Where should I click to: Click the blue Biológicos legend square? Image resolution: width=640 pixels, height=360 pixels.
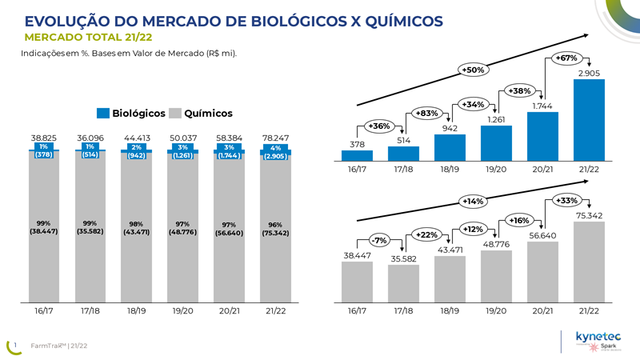(x=103, y=114)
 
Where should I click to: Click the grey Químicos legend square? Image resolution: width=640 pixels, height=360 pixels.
(x=177, y=114)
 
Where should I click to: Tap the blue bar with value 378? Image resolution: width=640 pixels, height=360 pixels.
(x=357, y=155)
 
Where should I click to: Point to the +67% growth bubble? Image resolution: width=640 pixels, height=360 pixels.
(x=566, y=58)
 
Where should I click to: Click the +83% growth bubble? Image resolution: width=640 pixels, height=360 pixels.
(x=428, y=113)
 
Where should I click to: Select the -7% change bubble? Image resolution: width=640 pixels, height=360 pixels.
(x=380, y=240)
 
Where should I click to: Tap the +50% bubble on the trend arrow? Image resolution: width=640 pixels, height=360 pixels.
(x=474, y=70)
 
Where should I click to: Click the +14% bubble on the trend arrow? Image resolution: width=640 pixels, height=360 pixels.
(x=474, y=201)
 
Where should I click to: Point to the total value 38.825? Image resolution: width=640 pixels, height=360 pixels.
(x=44, y=138)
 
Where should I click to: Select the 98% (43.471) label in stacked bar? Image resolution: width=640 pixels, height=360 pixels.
(x=137, y=228)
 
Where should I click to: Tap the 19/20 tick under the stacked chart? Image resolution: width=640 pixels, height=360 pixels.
(x=183, y=310)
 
